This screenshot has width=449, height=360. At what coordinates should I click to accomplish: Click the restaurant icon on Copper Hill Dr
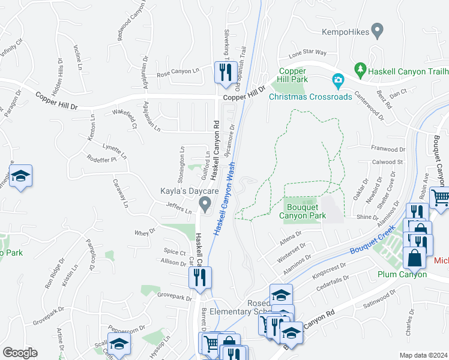[x=223, y=73]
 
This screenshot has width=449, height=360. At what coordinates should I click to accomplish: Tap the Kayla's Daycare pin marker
[x=205, y=206]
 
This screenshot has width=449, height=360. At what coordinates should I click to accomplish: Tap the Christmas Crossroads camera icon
[x=338, y=80]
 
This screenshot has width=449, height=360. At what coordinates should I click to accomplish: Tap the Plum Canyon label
[x=402, y=274]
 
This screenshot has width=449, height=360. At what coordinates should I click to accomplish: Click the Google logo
[x=20, y=352]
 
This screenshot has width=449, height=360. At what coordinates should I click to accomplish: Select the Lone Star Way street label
[x=307, y=53]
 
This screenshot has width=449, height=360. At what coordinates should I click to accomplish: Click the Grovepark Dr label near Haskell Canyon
[x=173, y=296]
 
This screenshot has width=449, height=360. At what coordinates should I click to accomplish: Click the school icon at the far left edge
[x=20, y=176]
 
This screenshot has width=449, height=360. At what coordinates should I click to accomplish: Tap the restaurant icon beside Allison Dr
[x=200, y=277]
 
